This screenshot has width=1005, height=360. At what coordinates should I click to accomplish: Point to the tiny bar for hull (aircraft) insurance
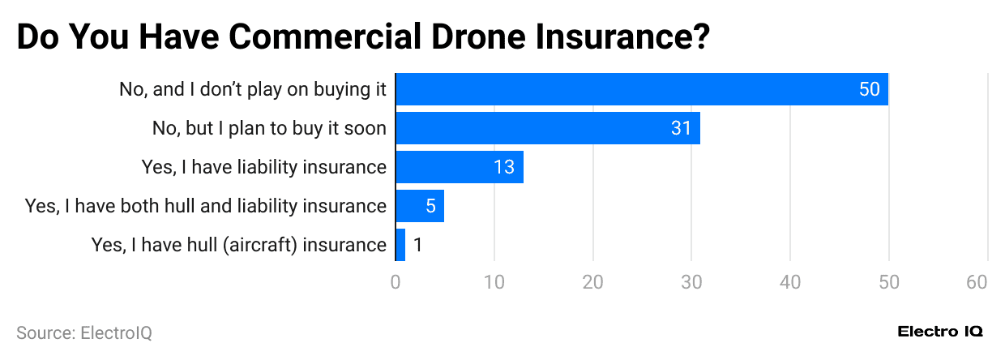point(400,245)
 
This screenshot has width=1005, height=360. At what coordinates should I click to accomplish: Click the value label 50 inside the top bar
point(869,89)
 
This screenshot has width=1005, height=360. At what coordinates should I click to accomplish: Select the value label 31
point(681,128)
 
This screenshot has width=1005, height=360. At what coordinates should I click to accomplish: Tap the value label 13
point(504,167)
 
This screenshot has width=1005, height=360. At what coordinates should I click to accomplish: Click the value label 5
point(430,206)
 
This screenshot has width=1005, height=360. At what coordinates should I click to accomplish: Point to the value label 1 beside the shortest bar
point(417,245)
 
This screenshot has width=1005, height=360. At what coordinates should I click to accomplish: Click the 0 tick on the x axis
point(396,282)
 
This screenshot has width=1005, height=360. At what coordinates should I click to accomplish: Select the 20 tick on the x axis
point(593,282)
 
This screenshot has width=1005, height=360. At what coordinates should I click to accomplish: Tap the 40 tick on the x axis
point(790,282)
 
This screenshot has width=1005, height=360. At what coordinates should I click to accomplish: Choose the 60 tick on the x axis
point(977,282)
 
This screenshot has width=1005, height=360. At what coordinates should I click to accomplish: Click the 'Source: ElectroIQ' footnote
point(84,332)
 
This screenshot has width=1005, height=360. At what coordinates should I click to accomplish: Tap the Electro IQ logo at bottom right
point(940,332)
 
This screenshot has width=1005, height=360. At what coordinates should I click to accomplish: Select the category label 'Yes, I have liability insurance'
point(263,167)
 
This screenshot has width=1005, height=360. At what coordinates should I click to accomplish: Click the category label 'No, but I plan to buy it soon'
point(269,128)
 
